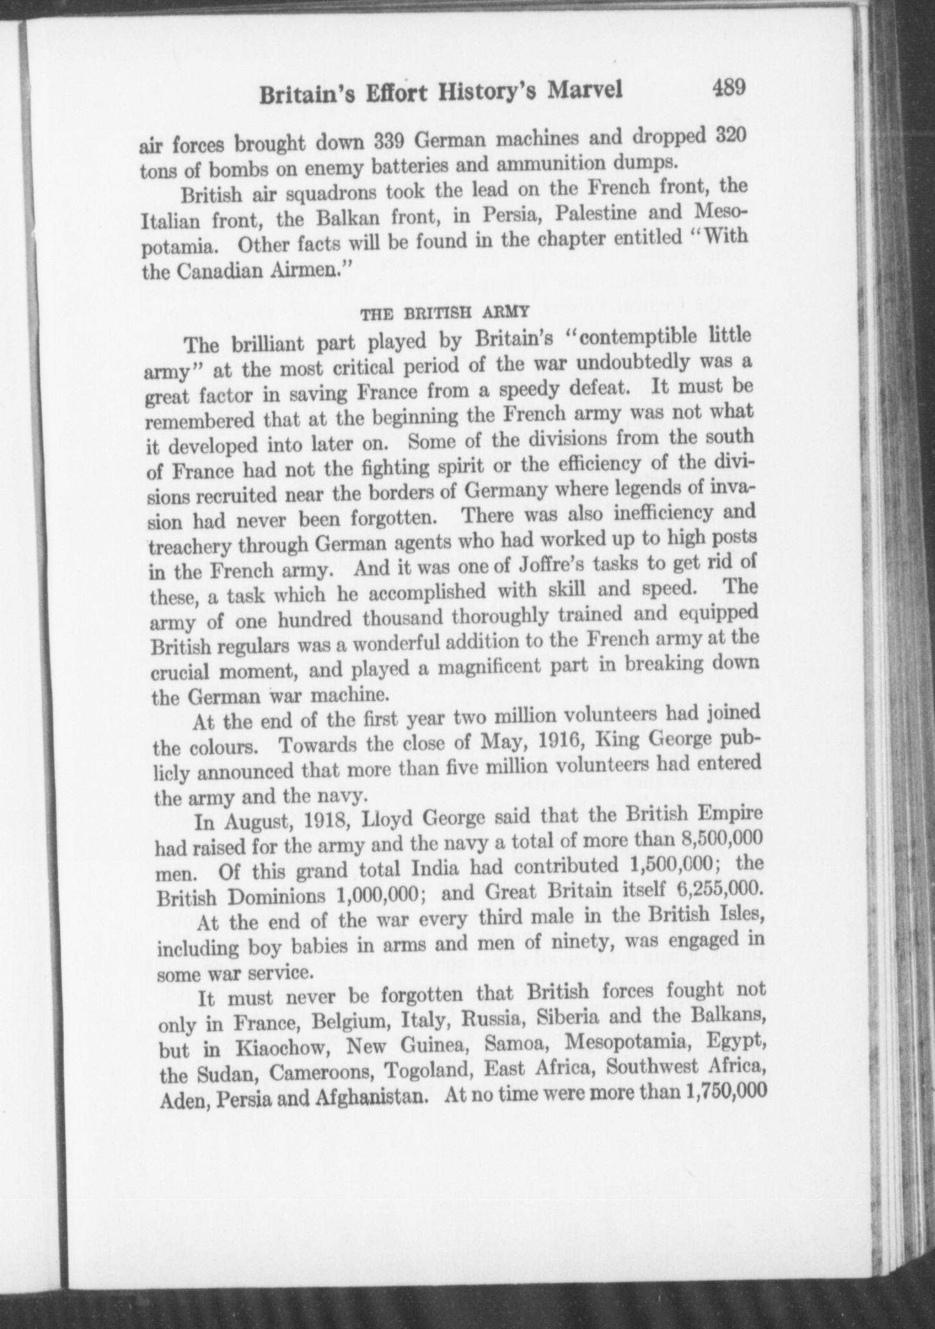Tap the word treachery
[x=186, y=547]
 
